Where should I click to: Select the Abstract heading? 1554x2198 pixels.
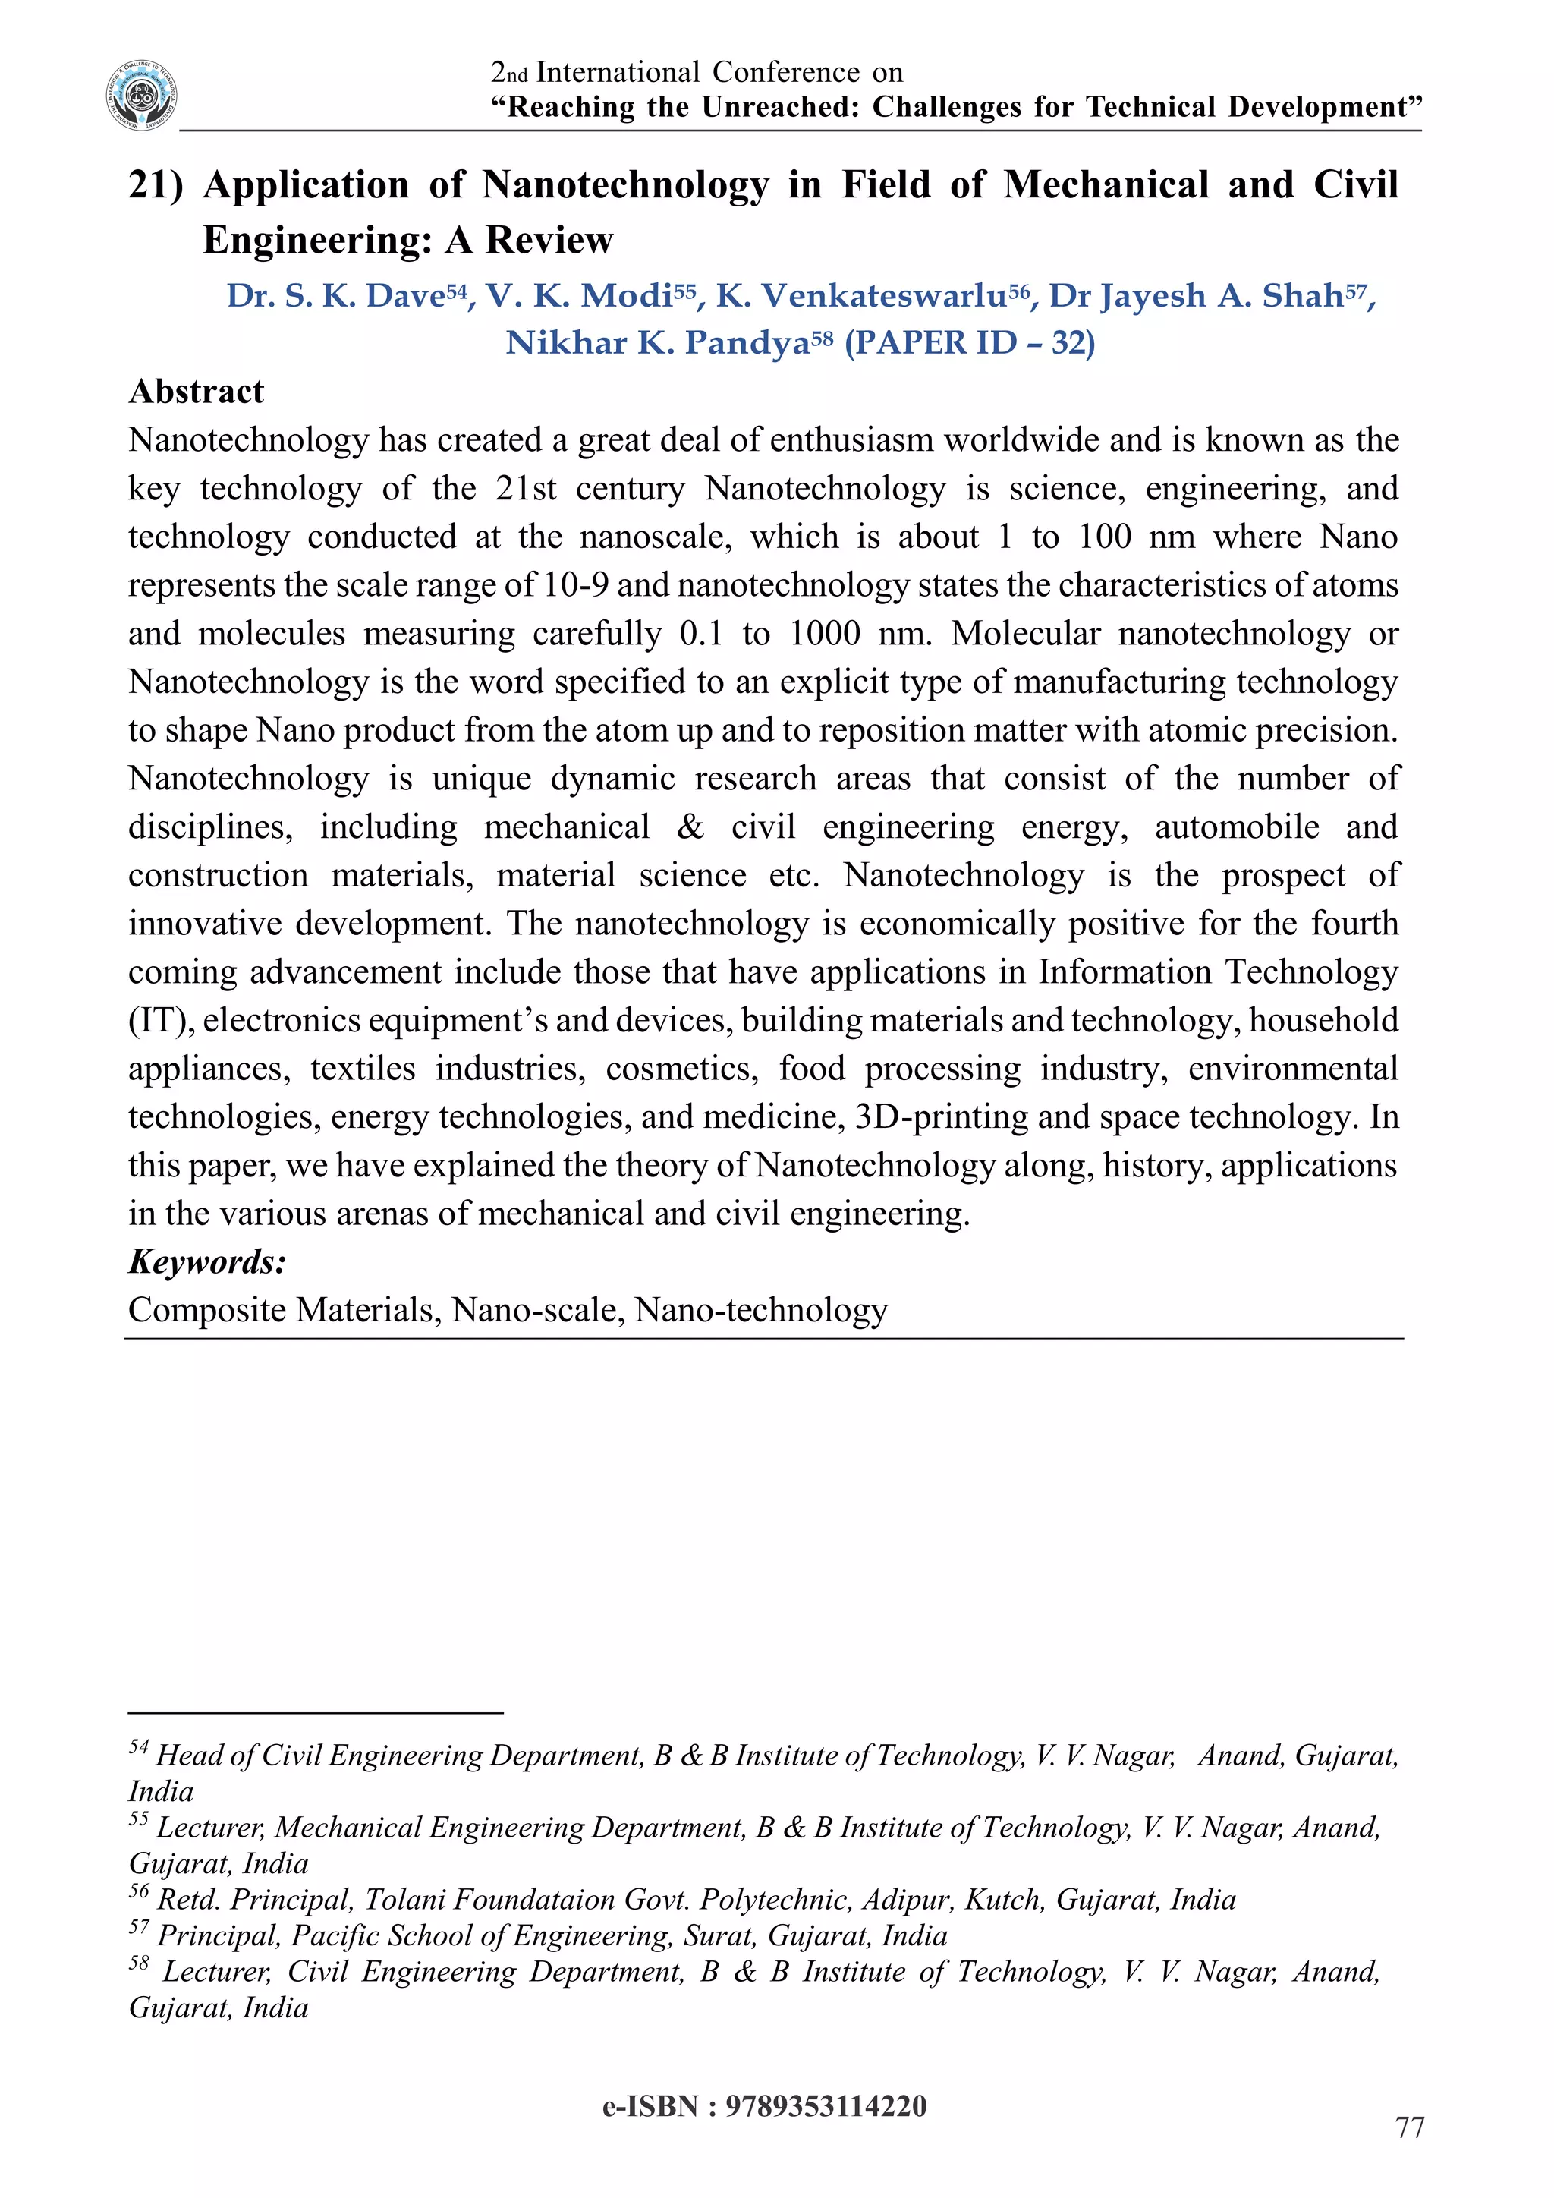point(197,392)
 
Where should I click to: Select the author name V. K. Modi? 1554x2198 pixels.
point(580,296)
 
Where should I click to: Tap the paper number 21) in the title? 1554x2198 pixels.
point(155,184)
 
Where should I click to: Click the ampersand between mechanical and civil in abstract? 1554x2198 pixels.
point(690,827)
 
